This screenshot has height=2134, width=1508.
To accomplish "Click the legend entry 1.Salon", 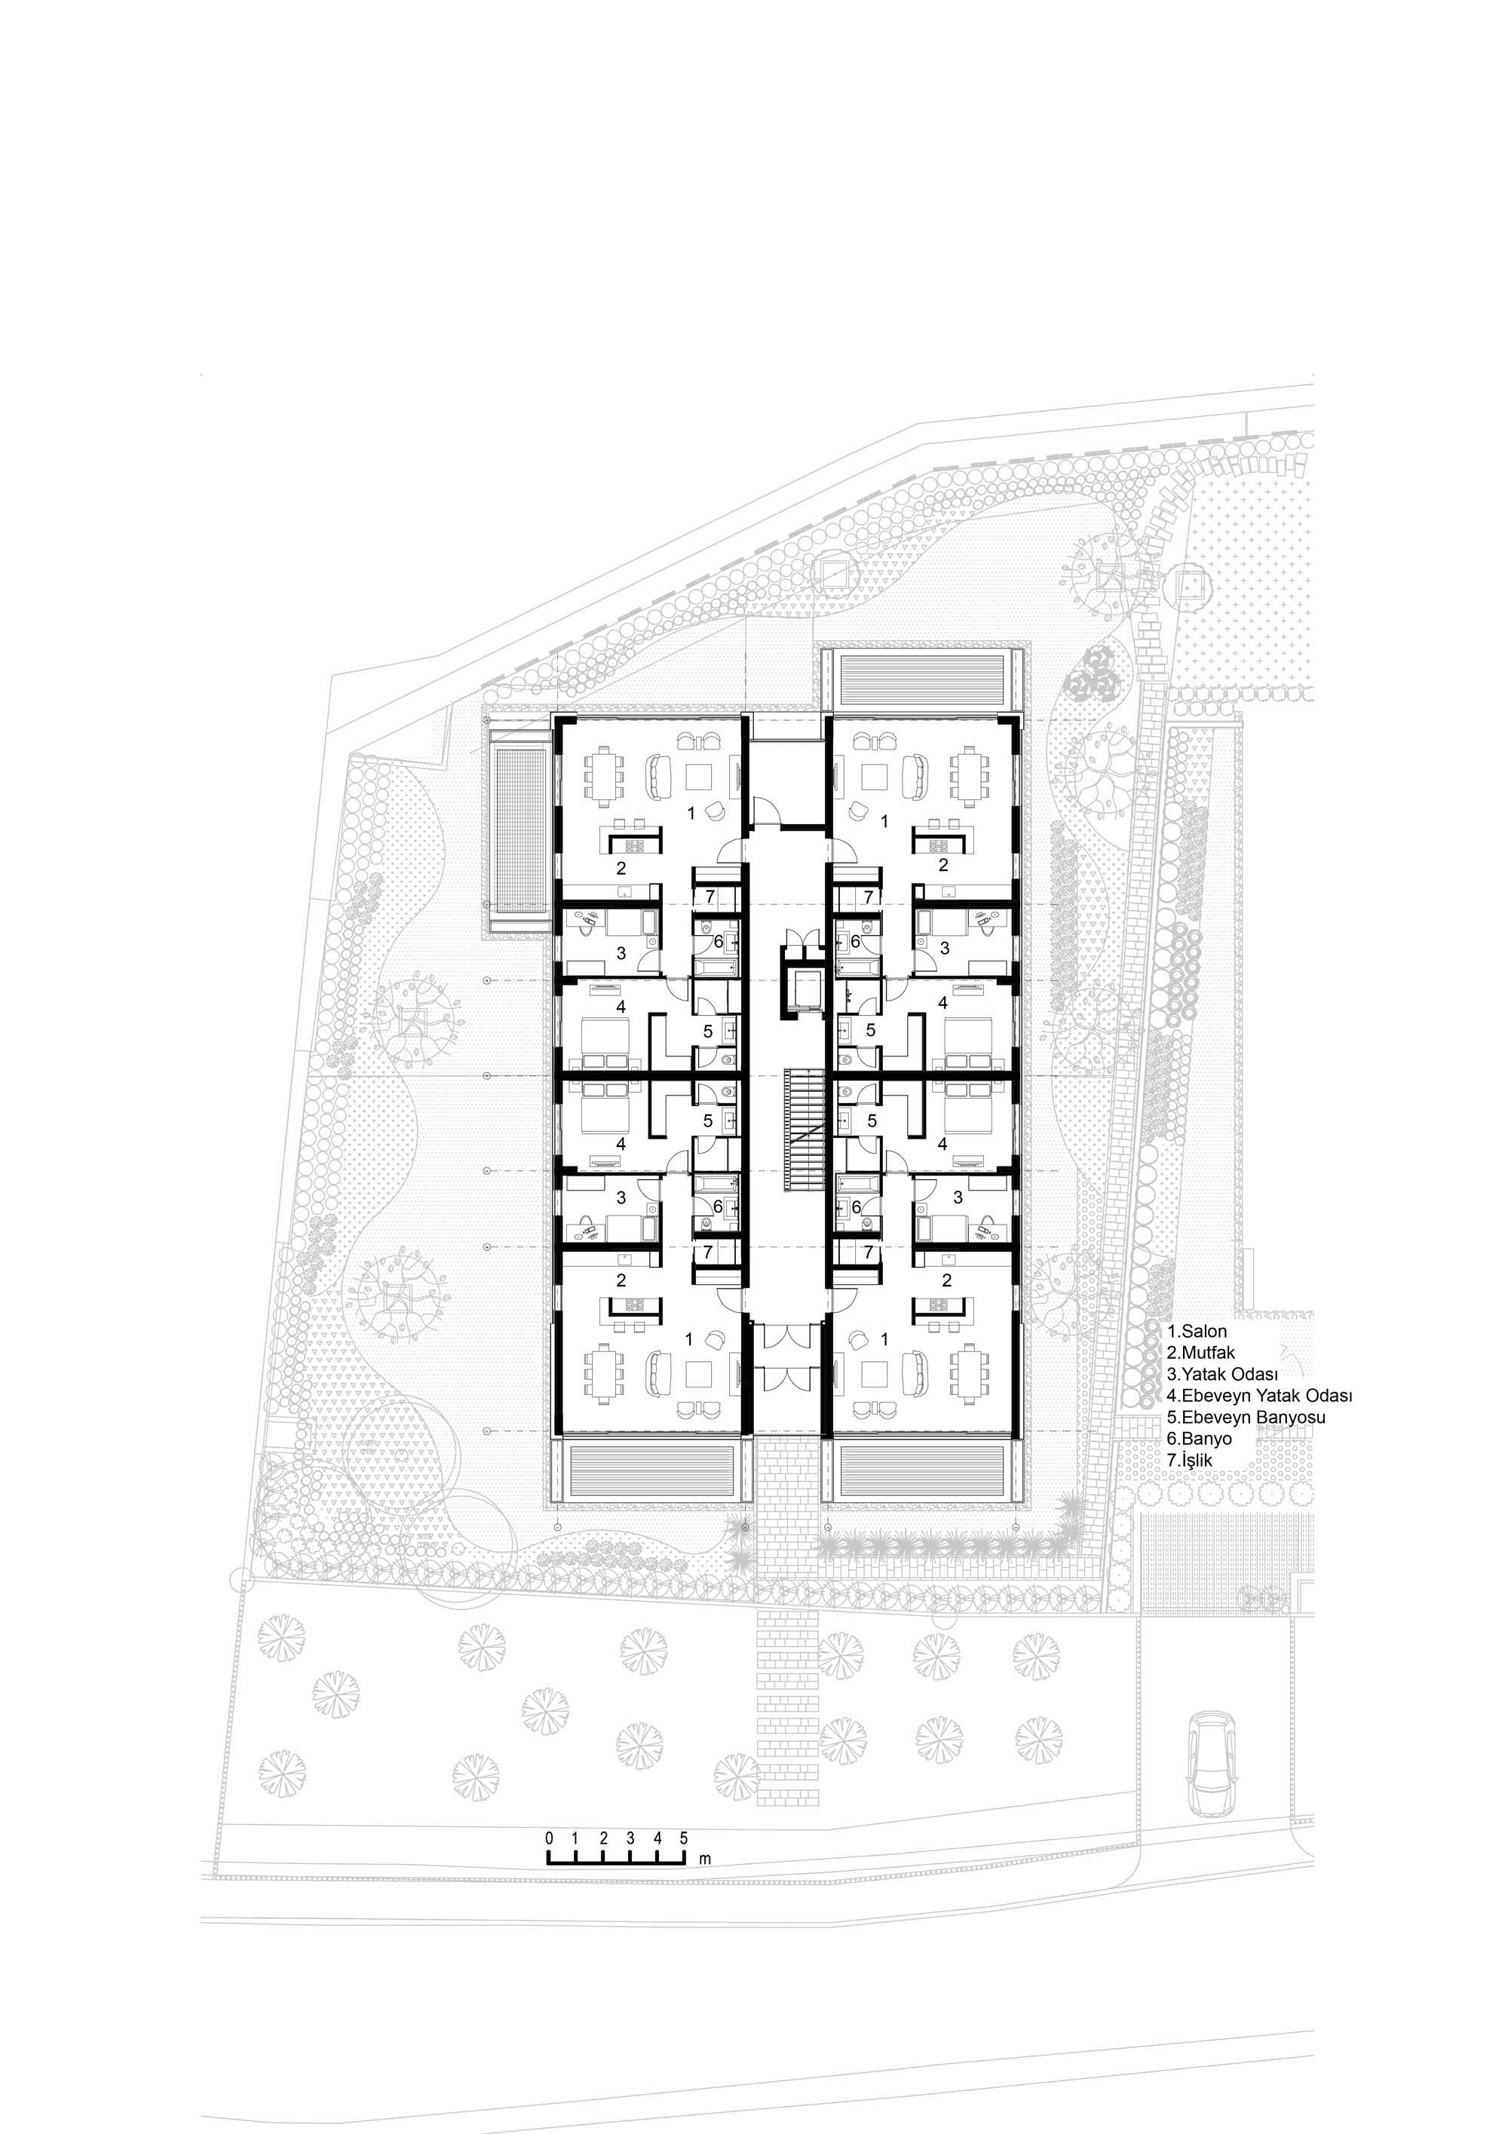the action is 1197,1331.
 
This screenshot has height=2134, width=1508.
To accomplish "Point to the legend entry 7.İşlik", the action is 1191,1460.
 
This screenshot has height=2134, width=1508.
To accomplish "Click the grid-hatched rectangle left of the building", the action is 520,823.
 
